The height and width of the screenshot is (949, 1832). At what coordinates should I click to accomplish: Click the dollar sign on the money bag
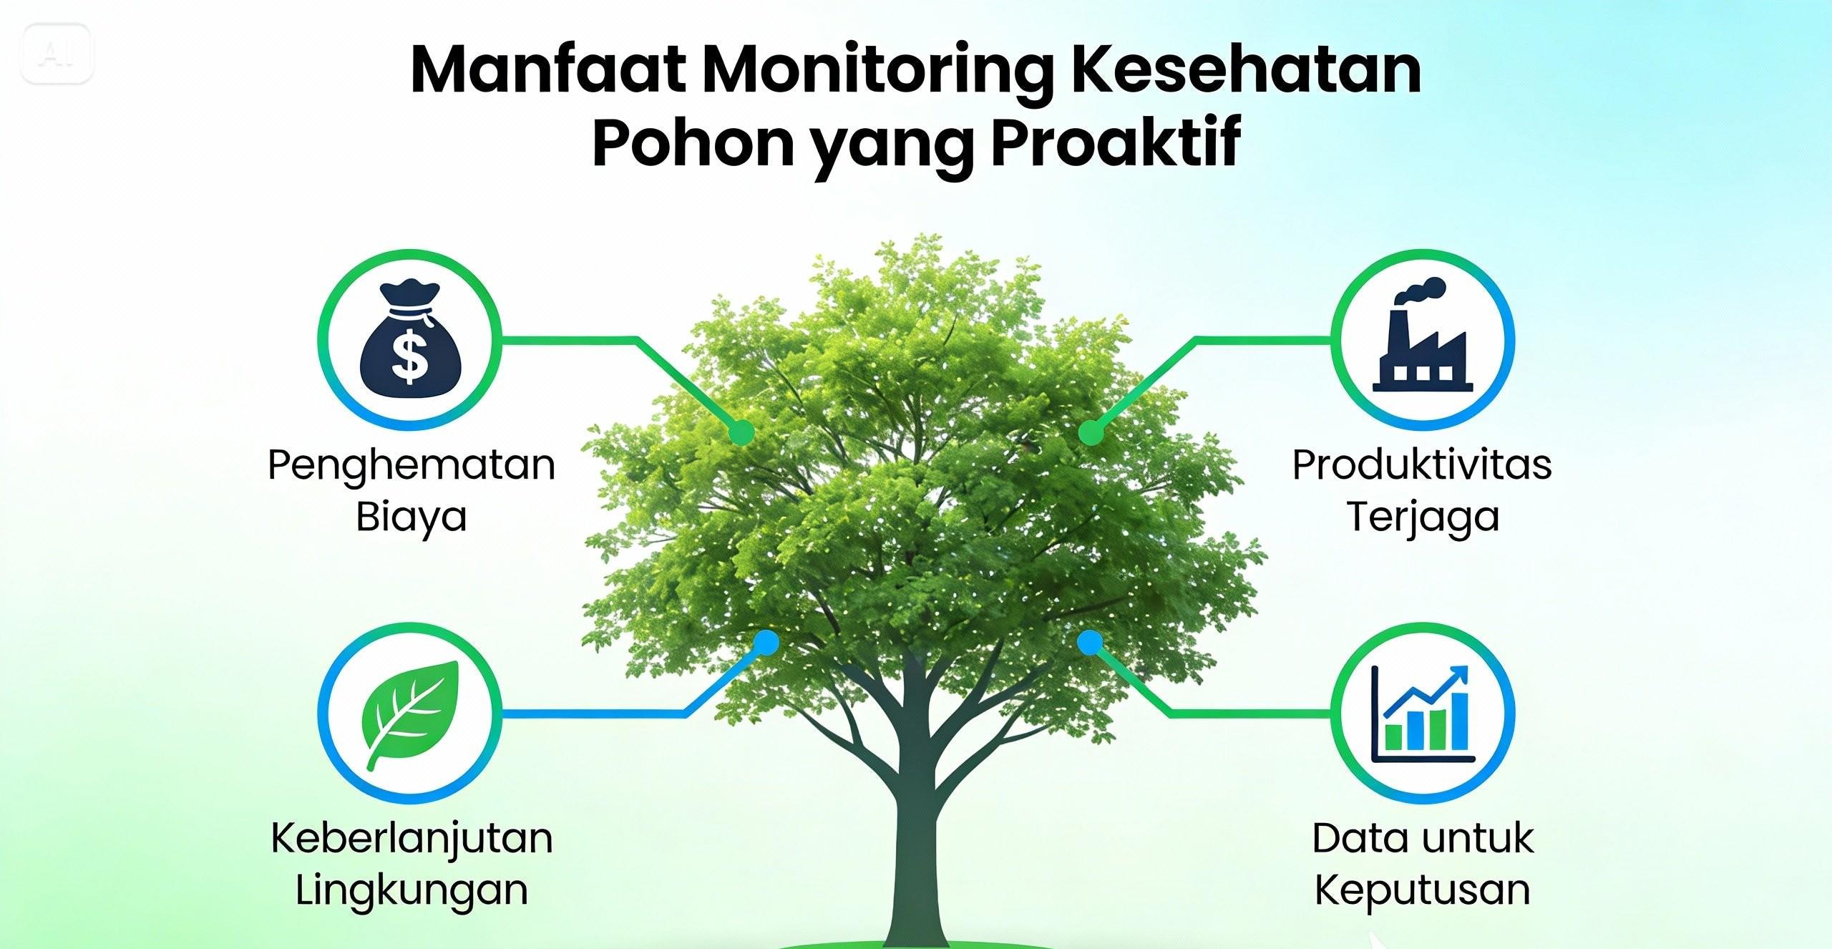click(x=410, y=359)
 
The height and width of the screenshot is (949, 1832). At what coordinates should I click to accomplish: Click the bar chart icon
click(x=1423, y=716)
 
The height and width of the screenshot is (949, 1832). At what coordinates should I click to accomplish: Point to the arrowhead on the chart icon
click(x=1459, y=675)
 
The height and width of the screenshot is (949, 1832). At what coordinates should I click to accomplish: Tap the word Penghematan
click(x=411, y=465)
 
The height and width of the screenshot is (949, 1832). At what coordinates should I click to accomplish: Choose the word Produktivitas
click(x=1422, y=465)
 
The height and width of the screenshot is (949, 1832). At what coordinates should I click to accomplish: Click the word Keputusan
click(x=1422, y=890)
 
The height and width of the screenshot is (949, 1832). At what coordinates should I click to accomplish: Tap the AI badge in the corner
click(x=57, y=54)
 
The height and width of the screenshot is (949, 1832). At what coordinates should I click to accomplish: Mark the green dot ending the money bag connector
click(x=742, y=432)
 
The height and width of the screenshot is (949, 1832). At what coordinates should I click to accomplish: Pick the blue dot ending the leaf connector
click(x=766, y=642)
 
